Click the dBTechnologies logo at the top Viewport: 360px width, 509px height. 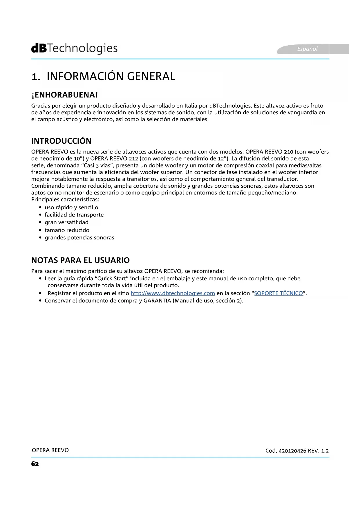click(74, 48)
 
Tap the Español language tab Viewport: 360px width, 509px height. click(307, 49)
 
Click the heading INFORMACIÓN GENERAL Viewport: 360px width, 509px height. click(111, 76)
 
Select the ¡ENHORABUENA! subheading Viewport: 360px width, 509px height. click(64, 95)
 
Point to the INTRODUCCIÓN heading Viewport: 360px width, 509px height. click(61, 141)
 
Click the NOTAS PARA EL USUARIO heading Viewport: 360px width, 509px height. click(80, 260)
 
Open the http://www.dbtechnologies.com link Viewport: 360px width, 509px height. click(173, 293)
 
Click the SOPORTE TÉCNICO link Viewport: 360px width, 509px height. click(278, 293)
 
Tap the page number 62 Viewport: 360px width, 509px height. click(35, 464)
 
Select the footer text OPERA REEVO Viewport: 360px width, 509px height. click(50, 450)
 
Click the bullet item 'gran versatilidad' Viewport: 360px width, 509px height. click(66, 222)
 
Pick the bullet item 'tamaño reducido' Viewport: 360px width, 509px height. click(67, 230)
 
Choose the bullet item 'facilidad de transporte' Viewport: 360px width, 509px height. click(74, 215)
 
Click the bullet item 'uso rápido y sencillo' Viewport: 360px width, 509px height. click(71, 207)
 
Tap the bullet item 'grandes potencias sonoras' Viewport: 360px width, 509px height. click(79, 238)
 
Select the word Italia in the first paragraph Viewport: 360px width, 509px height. click(191, 106)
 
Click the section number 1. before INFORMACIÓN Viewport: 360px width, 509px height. click(35, 77)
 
